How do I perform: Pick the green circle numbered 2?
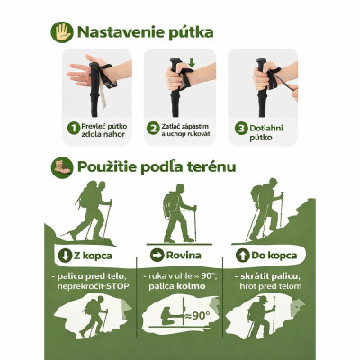(154, 129)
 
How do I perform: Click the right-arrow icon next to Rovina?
(157, 256)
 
